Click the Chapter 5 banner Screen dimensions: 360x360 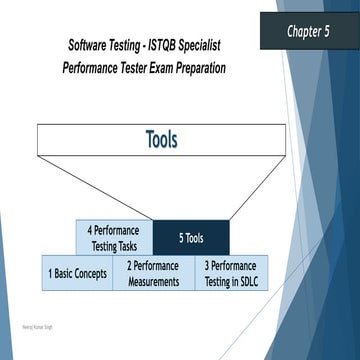(x=309, y=31)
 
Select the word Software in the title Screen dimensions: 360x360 (x=89, y=47)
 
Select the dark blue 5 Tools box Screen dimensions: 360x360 (x=191, y=238)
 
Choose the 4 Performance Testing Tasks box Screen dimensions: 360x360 (x=113, y=238)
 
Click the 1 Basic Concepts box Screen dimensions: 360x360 (x=77, y=273)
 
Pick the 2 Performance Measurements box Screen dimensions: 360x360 (x=153, y=273)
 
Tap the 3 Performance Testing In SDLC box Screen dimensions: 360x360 (x=230, y=273)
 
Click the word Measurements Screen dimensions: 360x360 (x=153, y=281)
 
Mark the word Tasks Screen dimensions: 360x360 (x=126, y=246)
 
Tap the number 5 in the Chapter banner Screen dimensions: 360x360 (x=334, y=31)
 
